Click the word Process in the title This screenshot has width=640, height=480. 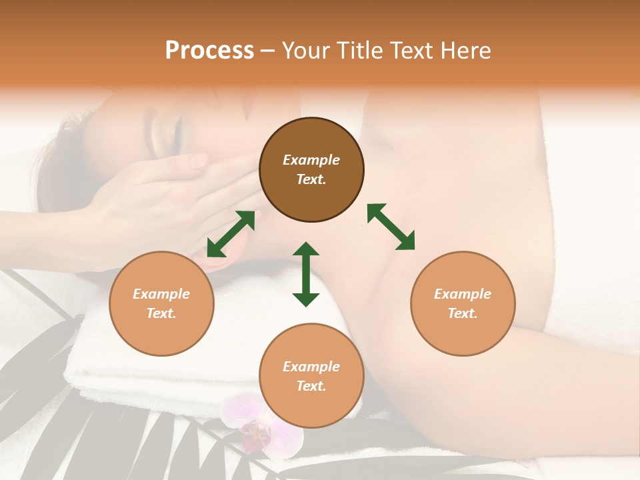coord(209,51)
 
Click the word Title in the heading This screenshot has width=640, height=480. coord(360,51)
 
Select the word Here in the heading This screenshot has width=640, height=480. coord(464,51)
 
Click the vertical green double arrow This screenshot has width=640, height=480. coord(306,274)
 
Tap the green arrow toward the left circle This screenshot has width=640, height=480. coord(231,234)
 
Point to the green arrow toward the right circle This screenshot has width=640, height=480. coord(391,227)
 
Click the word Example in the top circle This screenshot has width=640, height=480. coord(311,160)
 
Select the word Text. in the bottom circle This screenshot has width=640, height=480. coord(311,386)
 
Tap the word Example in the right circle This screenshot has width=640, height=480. coord(463,294)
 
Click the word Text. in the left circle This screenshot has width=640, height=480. coord(161,313)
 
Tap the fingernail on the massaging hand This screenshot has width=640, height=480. coord(199,161)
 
